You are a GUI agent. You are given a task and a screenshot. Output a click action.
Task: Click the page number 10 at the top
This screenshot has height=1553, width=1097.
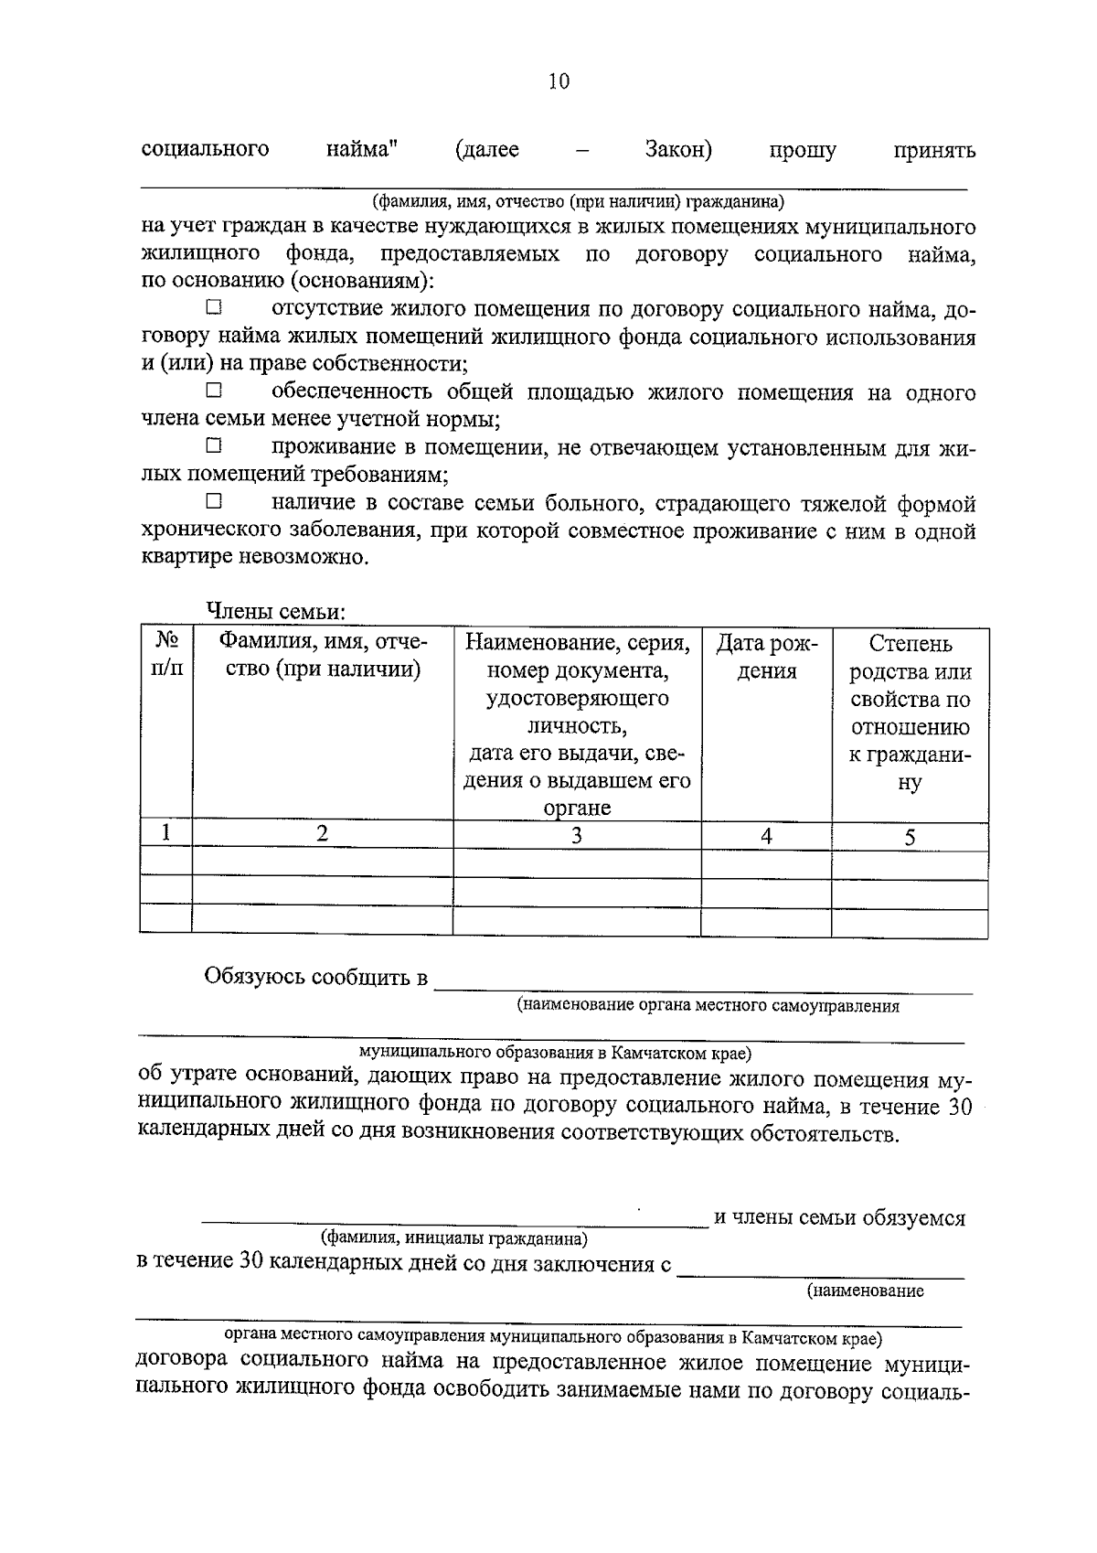pyautogui.click(x=559, y=82)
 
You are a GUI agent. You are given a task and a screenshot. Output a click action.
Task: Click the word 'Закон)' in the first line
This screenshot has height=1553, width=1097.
pyautogui.click(x=678, y=149)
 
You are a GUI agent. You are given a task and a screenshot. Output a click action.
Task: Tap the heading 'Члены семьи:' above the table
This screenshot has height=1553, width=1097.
pyautogui.click(x=274, y=611)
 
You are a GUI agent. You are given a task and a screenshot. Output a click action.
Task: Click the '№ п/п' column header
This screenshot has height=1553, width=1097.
pyautogui.click(x=165, y=656)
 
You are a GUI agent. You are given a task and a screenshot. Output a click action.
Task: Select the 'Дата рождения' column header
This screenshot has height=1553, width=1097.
pyautogui.click(x=766, y=657)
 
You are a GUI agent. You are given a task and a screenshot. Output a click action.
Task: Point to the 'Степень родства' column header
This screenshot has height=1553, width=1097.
pyautogui.click(x=910, y=713)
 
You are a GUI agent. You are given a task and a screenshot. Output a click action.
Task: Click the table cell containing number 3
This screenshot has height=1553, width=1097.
pyautogui.click(x=577, y=834)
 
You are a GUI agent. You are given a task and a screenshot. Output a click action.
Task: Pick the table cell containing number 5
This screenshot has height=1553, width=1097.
pyautogui.click(x=910, y=836)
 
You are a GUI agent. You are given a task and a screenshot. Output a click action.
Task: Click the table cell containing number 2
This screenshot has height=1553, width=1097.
pyautogui.click(x=322, y=832)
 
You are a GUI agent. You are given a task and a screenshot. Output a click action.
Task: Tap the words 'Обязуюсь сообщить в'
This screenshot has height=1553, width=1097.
pyautogui.click(x=316, y=977)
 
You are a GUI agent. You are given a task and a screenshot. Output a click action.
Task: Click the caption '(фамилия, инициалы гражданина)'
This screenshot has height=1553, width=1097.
pyautogui.click(x=453, y=1239)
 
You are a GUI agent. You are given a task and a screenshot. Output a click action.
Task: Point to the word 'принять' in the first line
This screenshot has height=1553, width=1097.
pyautogui.click(x=934, y=150)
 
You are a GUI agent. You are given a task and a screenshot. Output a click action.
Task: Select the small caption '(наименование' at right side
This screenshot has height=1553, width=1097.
pyautogui.click(x=864, y=1291)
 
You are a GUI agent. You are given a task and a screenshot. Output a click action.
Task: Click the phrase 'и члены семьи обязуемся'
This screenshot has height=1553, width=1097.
pyautogui.click(x=839, y=1217)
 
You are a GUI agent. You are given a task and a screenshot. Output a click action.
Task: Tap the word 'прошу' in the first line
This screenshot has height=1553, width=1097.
pyautogui.click(x=803, y=150)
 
